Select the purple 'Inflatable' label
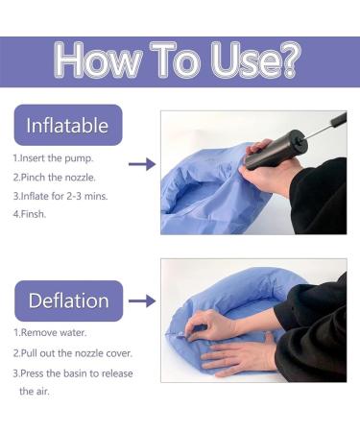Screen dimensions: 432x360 [x=67, y=126]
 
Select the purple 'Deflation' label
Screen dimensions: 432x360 [x=67, y=300]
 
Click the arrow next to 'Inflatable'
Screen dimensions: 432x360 [x=141, y=164]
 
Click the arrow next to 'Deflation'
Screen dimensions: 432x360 [x=141, y=300]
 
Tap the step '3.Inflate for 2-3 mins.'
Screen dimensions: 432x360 [x=60, y=197]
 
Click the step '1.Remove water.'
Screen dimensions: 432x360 [x=50, y=332]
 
